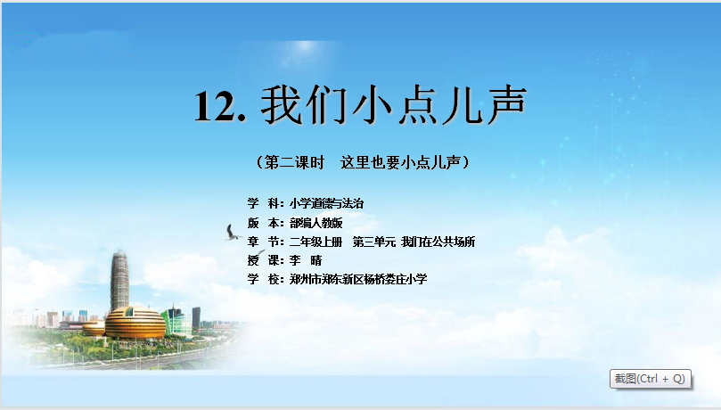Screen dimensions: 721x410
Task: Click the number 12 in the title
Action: (x=214, y=106)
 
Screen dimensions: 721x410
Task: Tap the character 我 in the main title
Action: (x=281, y=105)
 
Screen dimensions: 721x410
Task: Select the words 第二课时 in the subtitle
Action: (x=294, y=162)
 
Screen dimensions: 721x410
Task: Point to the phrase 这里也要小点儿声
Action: (x=400, y=162)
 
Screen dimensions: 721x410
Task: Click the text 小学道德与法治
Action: (x=326, y=203)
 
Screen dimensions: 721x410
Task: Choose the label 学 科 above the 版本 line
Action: (x=264, y=203)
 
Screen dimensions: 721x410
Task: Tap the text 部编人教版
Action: (x=315, y=223)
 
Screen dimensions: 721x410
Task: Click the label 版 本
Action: (x=264, y=223)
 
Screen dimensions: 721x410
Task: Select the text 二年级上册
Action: (x=315, y=242)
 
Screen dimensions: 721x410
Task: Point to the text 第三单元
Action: (x=373, y=242)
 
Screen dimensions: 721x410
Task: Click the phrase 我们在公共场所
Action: (x=438, y=242)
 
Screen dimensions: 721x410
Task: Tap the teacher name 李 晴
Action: (x=306, y=260)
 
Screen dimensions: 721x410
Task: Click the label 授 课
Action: (x=264, y=260)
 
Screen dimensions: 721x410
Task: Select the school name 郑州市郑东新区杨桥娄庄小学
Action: (x=358, y=280)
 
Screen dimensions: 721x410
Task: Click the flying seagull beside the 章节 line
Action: (x=233, y=233)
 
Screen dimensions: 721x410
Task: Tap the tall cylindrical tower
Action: (x=119, y=281)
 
